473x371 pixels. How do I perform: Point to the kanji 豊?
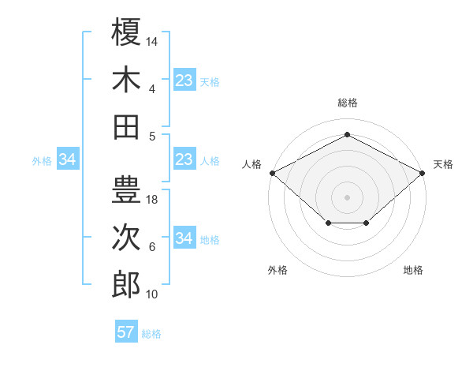[x=126, y=189]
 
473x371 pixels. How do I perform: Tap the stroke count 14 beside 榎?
[x=152, y=41]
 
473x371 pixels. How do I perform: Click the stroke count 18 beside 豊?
[x=152, y=200]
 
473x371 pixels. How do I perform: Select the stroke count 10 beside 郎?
[x=152, y=294]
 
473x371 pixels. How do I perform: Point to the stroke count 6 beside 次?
[x=152, y=247]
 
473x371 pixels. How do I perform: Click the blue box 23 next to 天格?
[x=184, y=80]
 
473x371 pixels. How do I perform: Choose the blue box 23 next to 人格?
[x=184, y=160]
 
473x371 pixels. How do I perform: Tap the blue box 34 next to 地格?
[x=184, y=238]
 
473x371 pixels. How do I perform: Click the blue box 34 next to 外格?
[x=67, y=160]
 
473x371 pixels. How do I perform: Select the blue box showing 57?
[x=126, y=332]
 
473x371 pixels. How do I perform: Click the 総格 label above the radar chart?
[x=348, y=103]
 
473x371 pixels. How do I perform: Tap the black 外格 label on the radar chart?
[x=277, y=270]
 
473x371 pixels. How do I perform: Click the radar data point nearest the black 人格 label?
[x=272, y=173]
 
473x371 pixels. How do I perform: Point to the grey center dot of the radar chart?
[x=348, y=197]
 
